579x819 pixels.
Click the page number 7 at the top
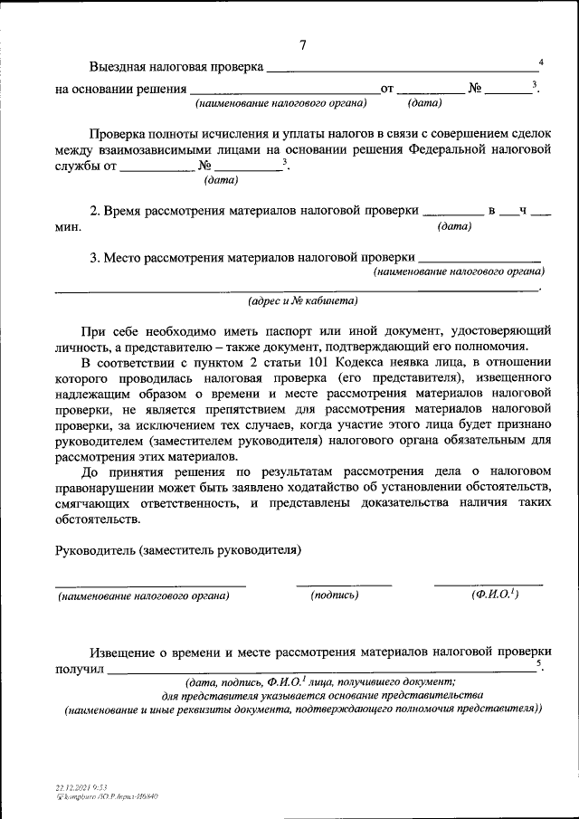click(303, 46)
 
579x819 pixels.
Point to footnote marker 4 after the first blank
click(540, 62)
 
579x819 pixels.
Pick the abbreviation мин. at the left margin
click(68, 226)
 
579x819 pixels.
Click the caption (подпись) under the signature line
click(335, 595)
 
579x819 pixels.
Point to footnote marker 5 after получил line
click(540, 664)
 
